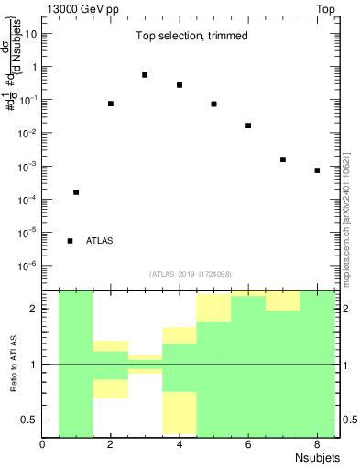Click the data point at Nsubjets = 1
tap(76, 192)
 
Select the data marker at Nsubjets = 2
tap(111, 104)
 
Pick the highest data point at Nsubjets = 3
tap(145, 75)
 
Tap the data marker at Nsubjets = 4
tap(180, 85)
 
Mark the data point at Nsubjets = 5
tap(213, 104)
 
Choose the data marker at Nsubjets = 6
tap(248, 125)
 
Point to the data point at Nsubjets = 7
tap(283, 159)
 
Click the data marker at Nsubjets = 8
tap(317, 170)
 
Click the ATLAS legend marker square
tap(71, 241)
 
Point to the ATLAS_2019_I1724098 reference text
tap(191, 274)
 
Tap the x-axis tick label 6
tap(248, 445)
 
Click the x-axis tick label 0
tap(43, 445)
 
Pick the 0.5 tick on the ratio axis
tap(31, 420)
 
